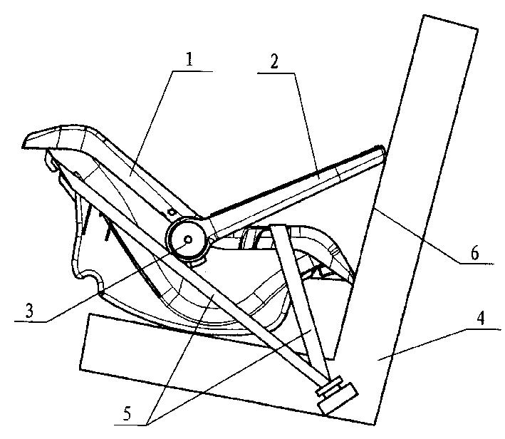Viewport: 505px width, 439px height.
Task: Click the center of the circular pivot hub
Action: click(188, 241)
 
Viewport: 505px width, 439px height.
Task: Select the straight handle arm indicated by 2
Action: click(299, 187)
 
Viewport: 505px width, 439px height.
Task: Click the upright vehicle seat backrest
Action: click(420, 214)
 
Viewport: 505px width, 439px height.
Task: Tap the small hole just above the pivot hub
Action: click(172, 212)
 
